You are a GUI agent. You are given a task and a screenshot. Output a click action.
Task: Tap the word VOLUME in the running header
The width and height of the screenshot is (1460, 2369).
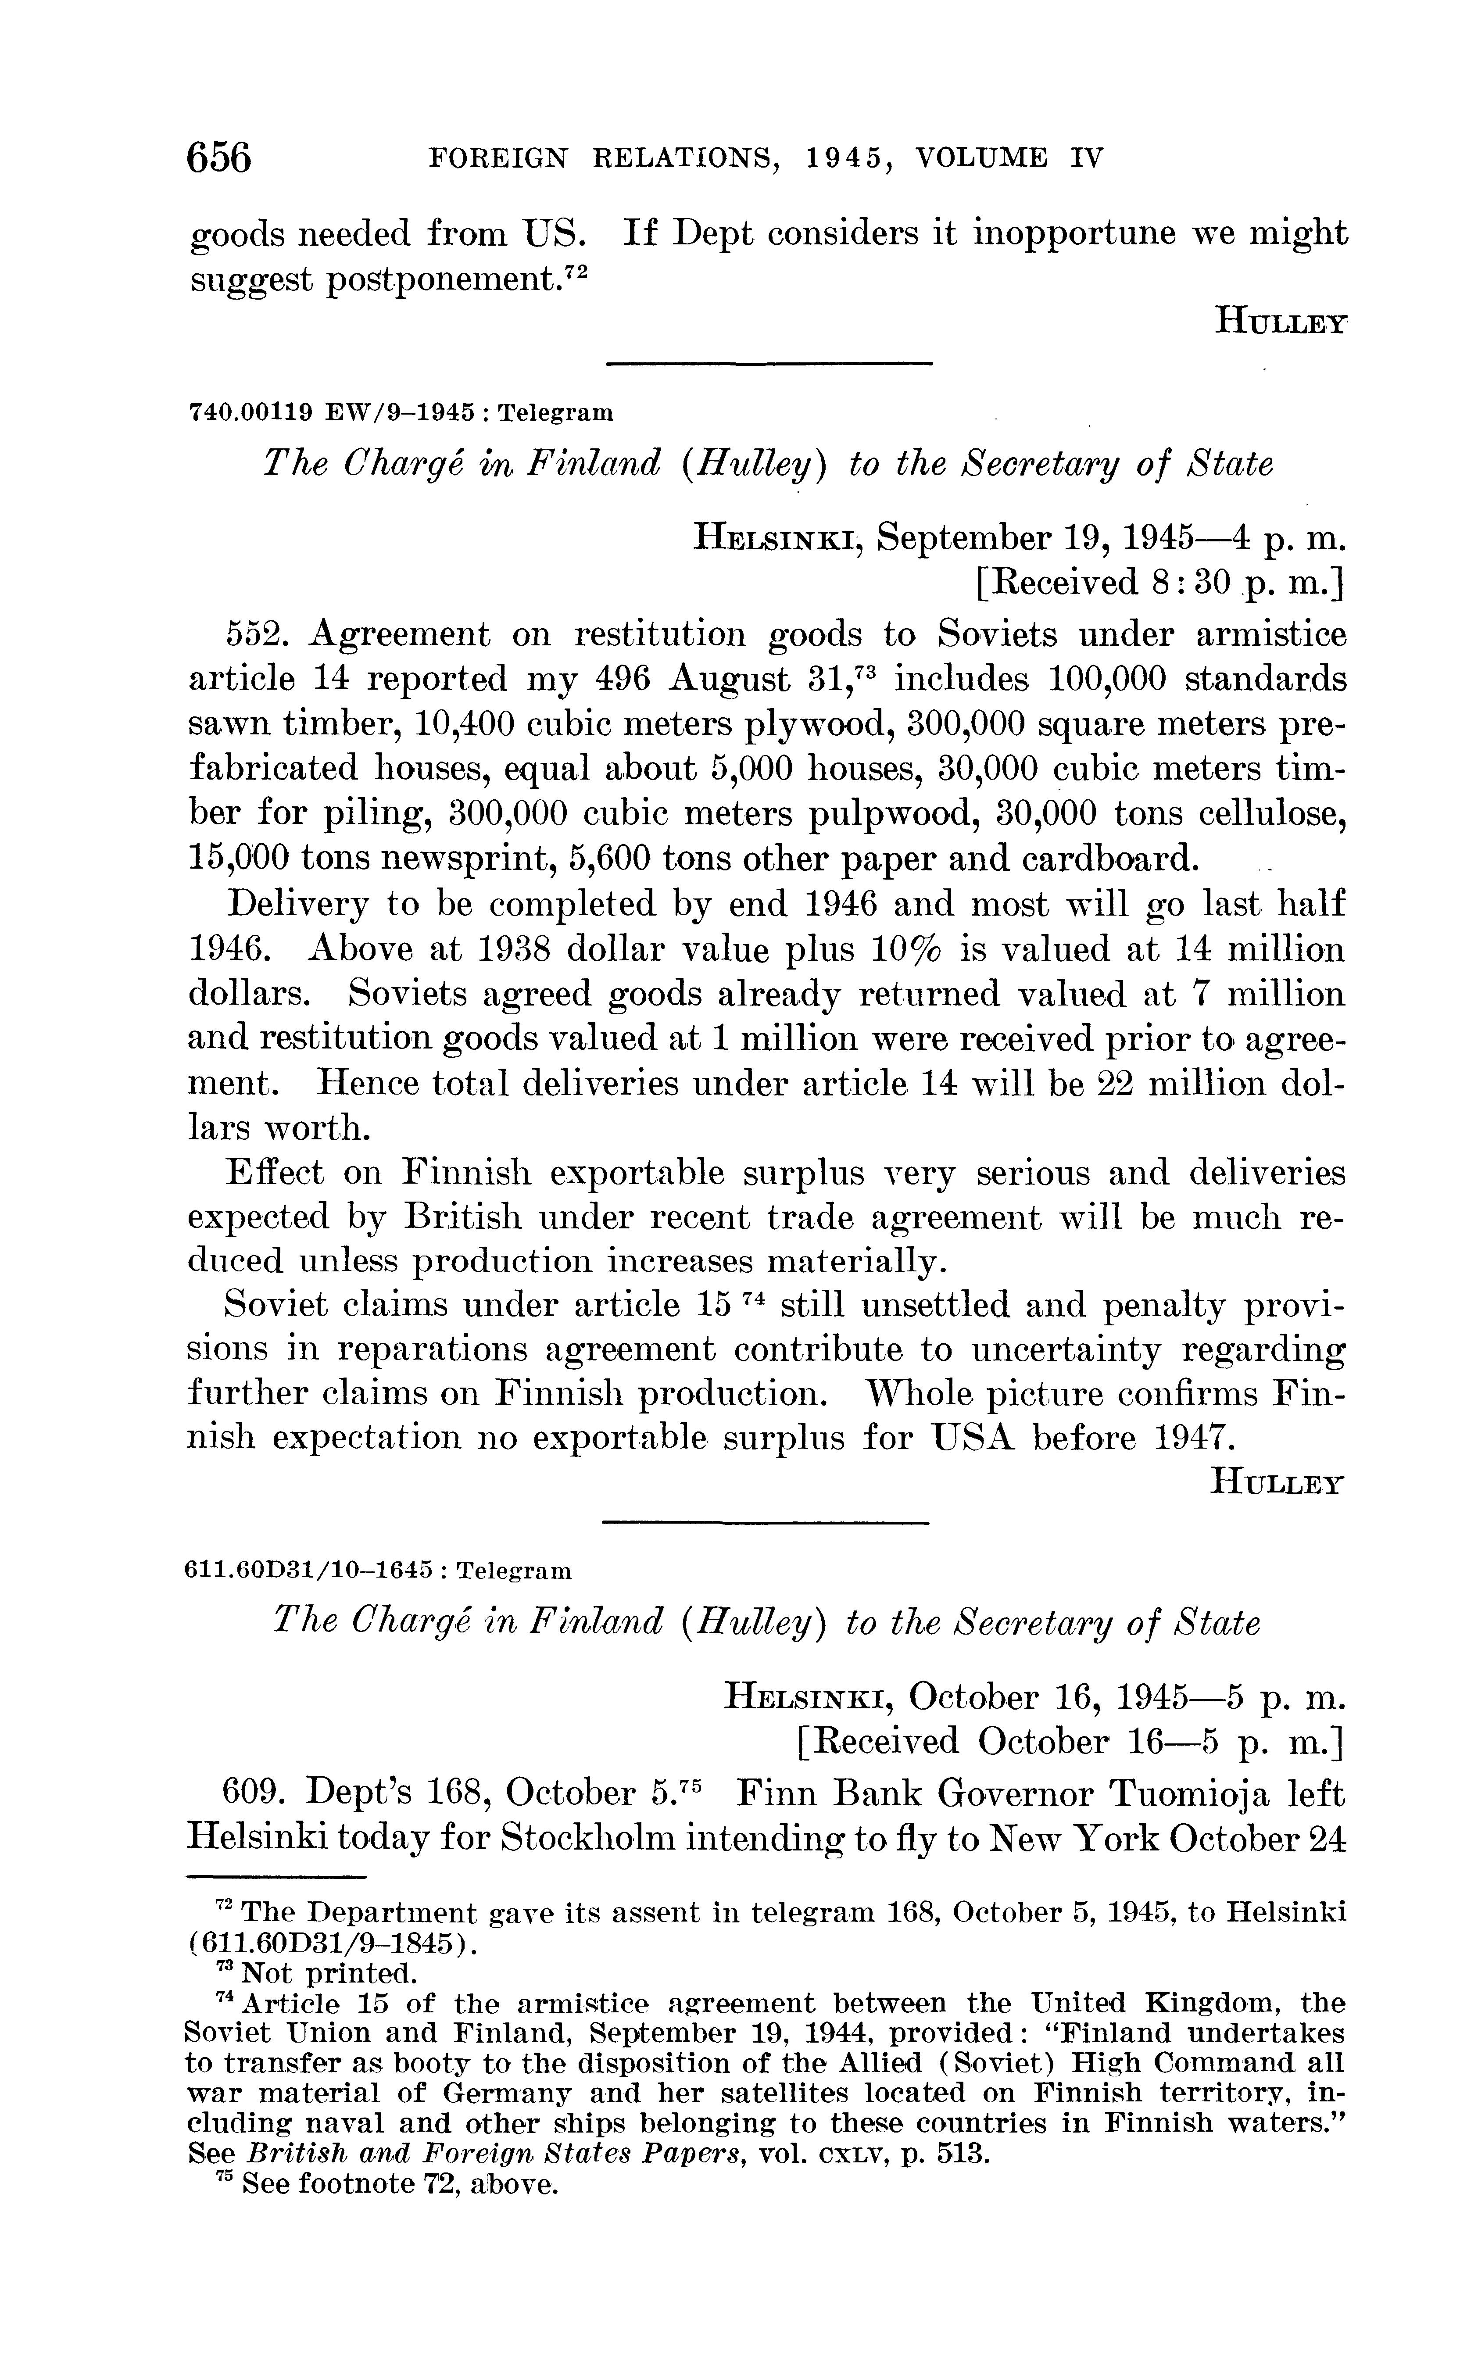click(x=980, y=157)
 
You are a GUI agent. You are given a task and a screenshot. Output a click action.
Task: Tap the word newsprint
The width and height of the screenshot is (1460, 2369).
click(x=400, y=858)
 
